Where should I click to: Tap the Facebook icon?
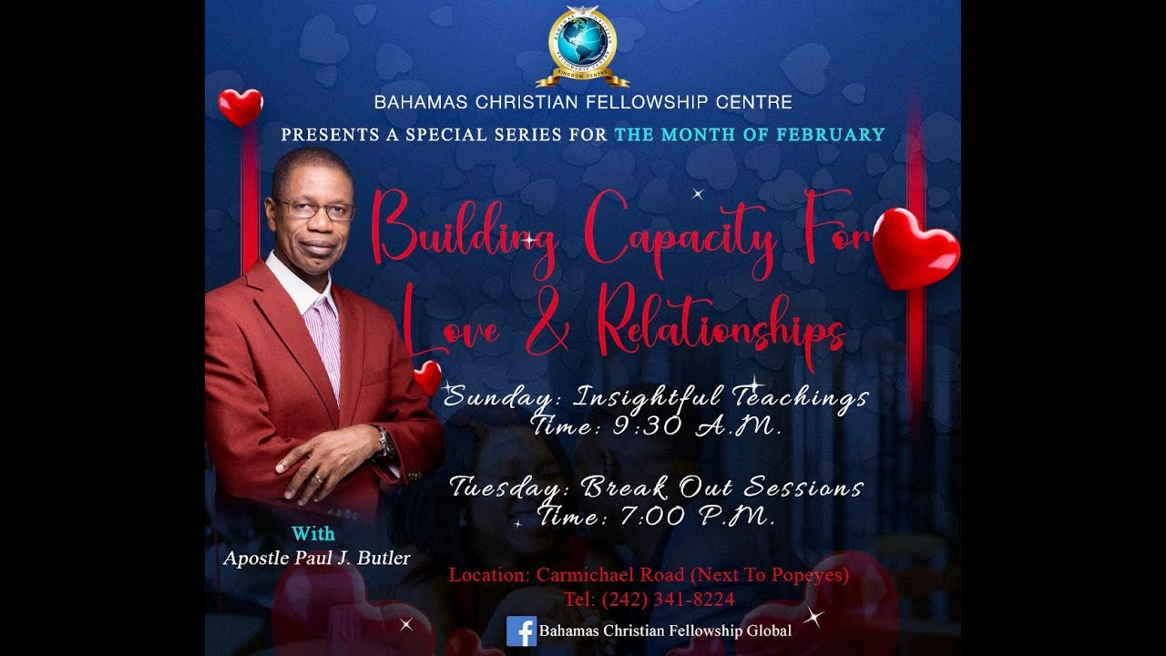(x=521, y=630)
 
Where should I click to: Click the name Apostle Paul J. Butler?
(x=317, y=558)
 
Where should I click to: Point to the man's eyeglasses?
(x=314, y=210)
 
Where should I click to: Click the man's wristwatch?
(x=384, y=443)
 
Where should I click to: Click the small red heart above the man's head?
(x=240, y=107)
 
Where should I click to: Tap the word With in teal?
(x=313, y=534)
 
